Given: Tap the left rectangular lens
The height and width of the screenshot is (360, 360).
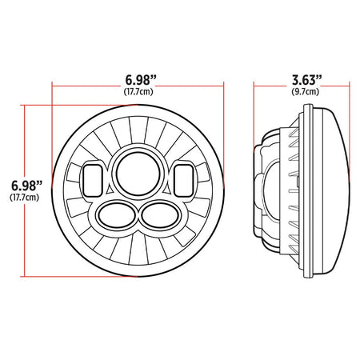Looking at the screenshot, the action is pyautogui.click(x=93, y=181).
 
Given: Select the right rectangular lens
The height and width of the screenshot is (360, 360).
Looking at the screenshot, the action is pyautogui.click(x=184, y=181).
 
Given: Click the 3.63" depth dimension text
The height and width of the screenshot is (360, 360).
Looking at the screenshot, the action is pyautogui.click(x=307, y=80).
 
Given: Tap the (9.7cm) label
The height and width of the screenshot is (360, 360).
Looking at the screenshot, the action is pyautogui.click(x=306, y=92).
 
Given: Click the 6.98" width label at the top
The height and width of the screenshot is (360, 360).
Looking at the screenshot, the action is pyautogui.click(x=141, y=80).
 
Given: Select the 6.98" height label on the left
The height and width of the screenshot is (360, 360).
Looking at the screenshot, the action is pyautogui.click(x=26, y=186).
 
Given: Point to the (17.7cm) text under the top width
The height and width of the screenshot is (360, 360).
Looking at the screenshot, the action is pyautogui.click(x=138, y=92).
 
